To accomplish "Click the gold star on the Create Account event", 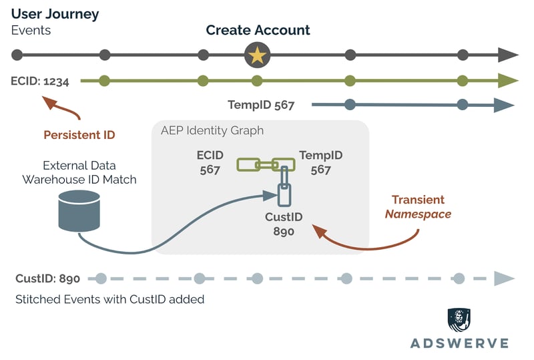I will coord(257,55).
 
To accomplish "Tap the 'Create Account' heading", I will coord(258,30).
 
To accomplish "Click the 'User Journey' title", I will coord(55,13).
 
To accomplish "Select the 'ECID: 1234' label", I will coord(45,81).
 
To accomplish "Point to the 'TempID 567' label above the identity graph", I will coord(261,105).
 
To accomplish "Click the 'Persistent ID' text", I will coord(79,135).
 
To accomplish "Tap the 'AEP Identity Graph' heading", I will coord(212,130).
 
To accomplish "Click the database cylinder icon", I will coord(79,208).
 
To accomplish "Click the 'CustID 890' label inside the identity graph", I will coord(284,225).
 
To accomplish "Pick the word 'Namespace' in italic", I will coord(418,214).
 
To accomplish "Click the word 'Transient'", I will coord(418,200).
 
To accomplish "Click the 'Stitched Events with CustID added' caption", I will coord(109,299).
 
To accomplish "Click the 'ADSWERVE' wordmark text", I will coord(459,343).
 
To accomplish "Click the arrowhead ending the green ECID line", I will coord(509,81).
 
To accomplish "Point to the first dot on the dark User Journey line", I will coord(17,55).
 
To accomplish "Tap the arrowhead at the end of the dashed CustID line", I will coord(504,279).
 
